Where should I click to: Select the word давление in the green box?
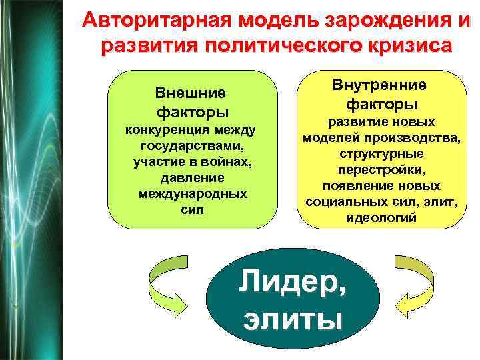pos(191,178)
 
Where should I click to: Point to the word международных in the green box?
pos(191,194)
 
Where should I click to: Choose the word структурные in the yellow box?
pos(381,153)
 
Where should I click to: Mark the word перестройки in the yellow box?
pos(379,169)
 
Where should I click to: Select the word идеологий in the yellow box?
pos(381,217)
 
